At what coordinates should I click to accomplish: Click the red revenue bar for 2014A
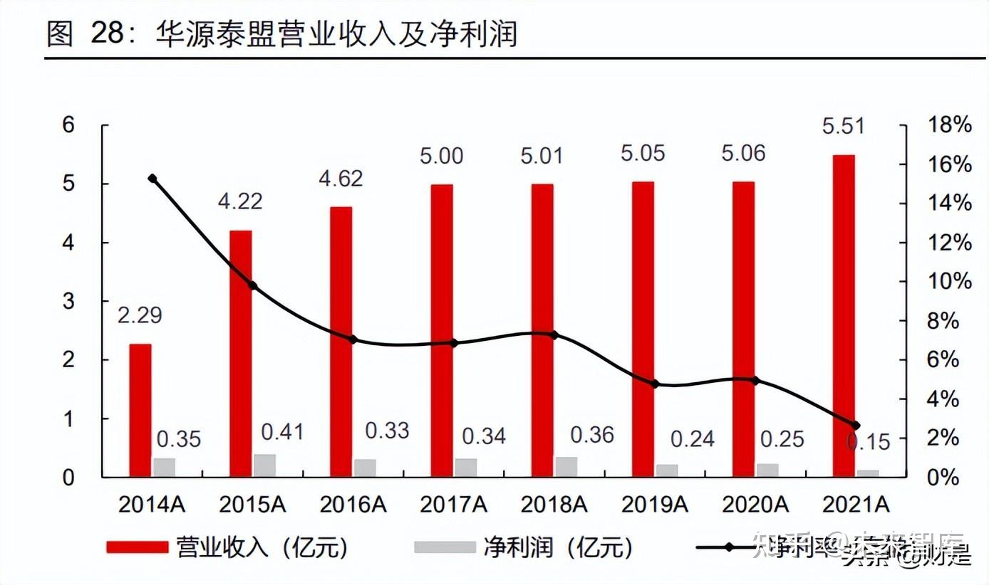point(140,410)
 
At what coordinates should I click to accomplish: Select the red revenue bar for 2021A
point(843,315)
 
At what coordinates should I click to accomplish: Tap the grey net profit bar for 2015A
point(264,465)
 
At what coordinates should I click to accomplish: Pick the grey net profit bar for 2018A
point(566,467)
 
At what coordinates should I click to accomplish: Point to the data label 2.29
point(140,315)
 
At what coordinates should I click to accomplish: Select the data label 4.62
point(341,177)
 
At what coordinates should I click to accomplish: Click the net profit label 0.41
point(282,431)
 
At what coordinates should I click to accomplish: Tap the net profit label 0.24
point(693,439)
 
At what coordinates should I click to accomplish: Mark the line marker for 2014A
point(152,179)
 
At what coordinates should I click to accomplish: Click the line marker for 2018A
point(554,334)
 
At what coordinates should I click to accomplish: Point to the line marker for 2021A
point(856,426)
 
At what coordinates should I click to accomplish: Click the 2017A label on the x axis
point(453,505)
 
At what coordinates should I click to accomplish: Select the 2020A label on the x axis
point(755,505)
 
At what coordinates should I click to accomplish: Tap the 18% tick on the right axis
point(949,125)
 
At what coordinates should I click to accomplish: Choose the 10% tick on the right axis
point(949,281)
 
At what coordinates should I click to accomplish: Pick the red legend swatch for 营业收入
point(137,547)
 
